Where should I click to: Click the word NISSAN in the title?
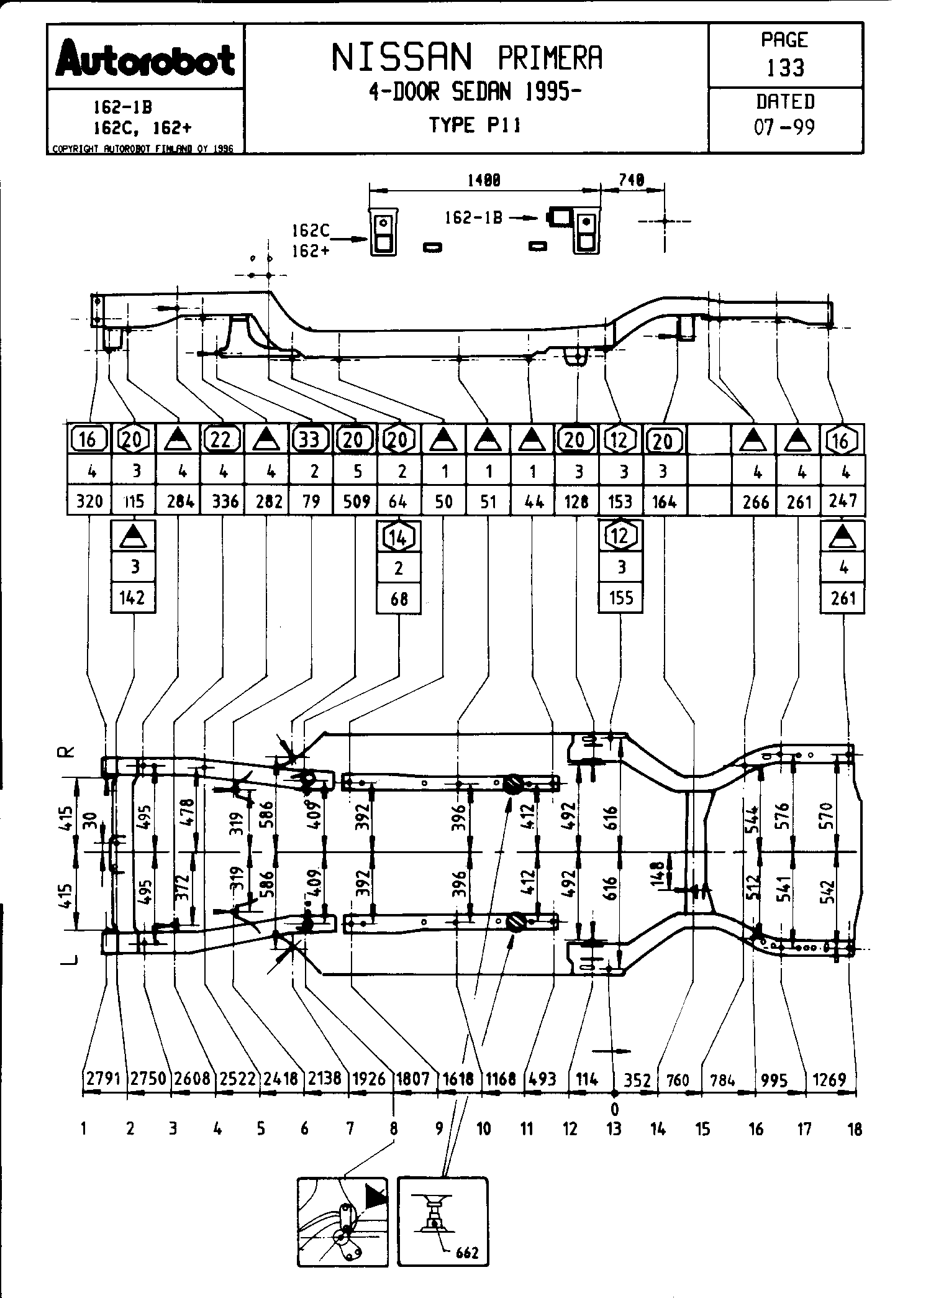pyautogui.click(x=402, y=58)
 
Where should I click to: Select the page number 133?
pyautogui.click(x=786, y=67)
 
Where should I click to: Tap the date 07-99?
pyautogui.click(x=784, y=127)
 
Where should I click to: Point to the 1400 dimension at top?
pyautogui.click(x=484, y=180)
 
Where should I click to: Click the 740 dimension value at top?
pyautogui.click(x=632, y=180)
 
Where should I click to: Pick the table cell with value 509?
pyautogui.click(x=356, y=501)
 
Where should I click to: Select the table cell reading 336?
pyautogui.click(x=224, y=501)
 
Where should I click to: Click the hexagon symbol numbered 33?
pyautogui.click(x=309, y=440)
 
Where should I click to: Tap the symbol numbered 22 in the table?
pyautogui.click(x=221, y=440)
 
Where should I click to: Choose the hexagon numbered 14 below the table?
pyautogui.click(x=399, y=537)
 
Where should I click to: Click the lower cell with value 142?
pyautogui.click(x=134, y=598)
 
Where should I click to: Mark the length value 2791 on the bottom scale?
pyautogui.click(x=103, y=1078)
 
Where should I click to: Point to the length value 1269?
pyautogui.click(x=829, y=1079)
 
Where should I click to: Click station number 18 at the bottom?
pyautogui.click(x=855, y=1129)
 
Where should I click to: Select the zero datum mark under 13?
pyautogui.click(x=614, y=1109)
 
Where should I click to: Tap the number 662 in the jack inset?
pyautogui.click(x=466, y=1252)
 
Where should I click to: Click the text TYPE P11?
pyautogui.click(x=475, y=126)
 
